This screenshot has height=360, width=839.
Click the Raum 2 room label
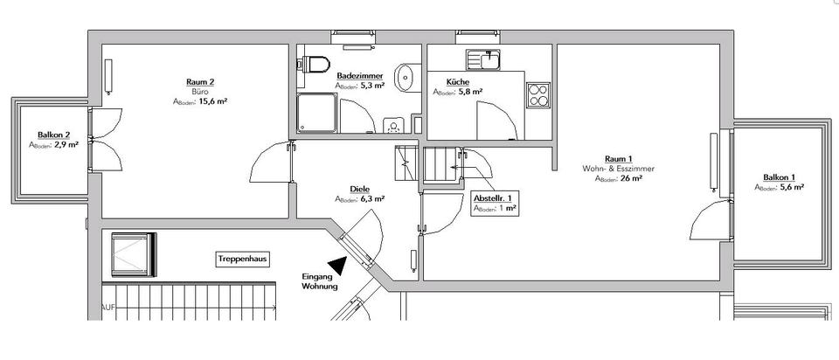(199, 82)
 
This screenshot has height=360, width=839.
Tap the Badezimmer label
(360, 76)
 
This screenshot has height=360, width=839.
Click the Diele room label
(359, 188)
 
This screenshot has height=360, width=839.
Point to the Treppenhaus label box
(243, 260)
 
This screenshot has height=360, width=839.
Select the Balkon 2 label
(53, 135)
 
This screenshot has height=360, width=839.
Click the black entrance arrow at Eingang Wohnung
(336, 264)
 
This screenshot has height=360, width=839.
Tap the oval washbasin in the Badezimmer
(405, 77)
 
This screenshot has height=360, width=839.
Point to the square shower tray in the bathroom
(316, 114)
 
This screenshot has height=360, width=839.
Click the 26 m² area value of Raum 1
(631, 179)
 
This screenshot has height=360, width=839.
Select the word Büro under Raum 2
(199, 92)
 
